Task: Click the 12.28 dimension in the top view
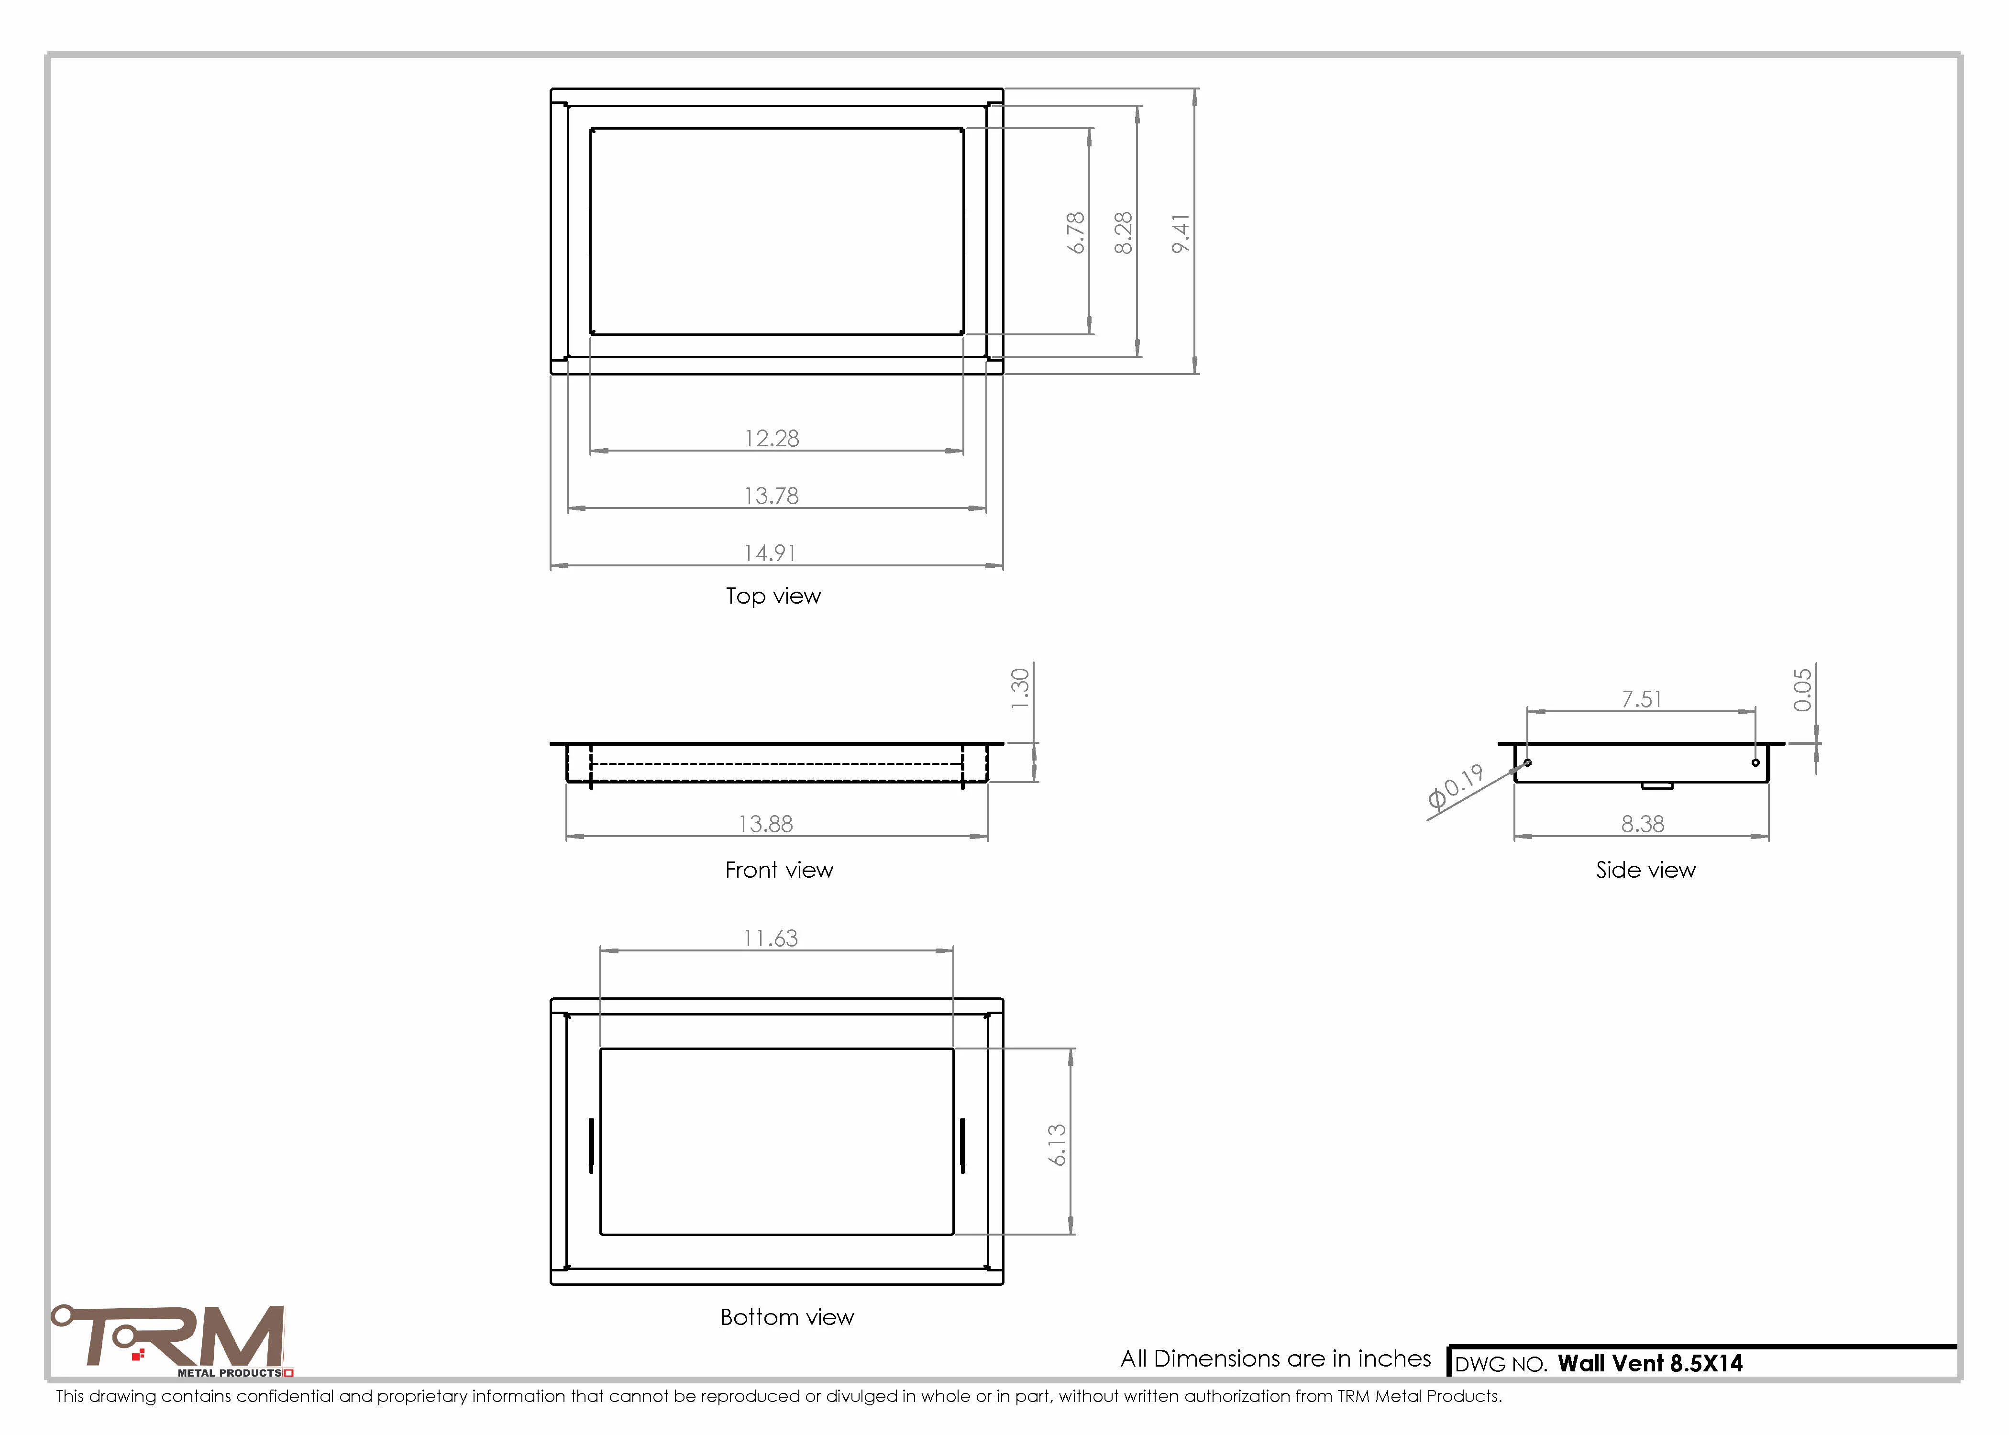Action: (771, 438)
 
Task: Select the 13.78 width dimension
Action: (771, 496)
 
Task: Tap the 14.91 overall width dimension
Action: (770, 553)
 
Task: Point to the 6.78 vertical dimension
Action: (1075, 232)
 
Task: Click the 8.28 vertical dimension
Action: (1123, 232)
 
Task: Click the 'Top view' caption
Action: (773, 596)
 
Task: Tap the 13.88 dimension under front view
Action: (766, 824)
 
